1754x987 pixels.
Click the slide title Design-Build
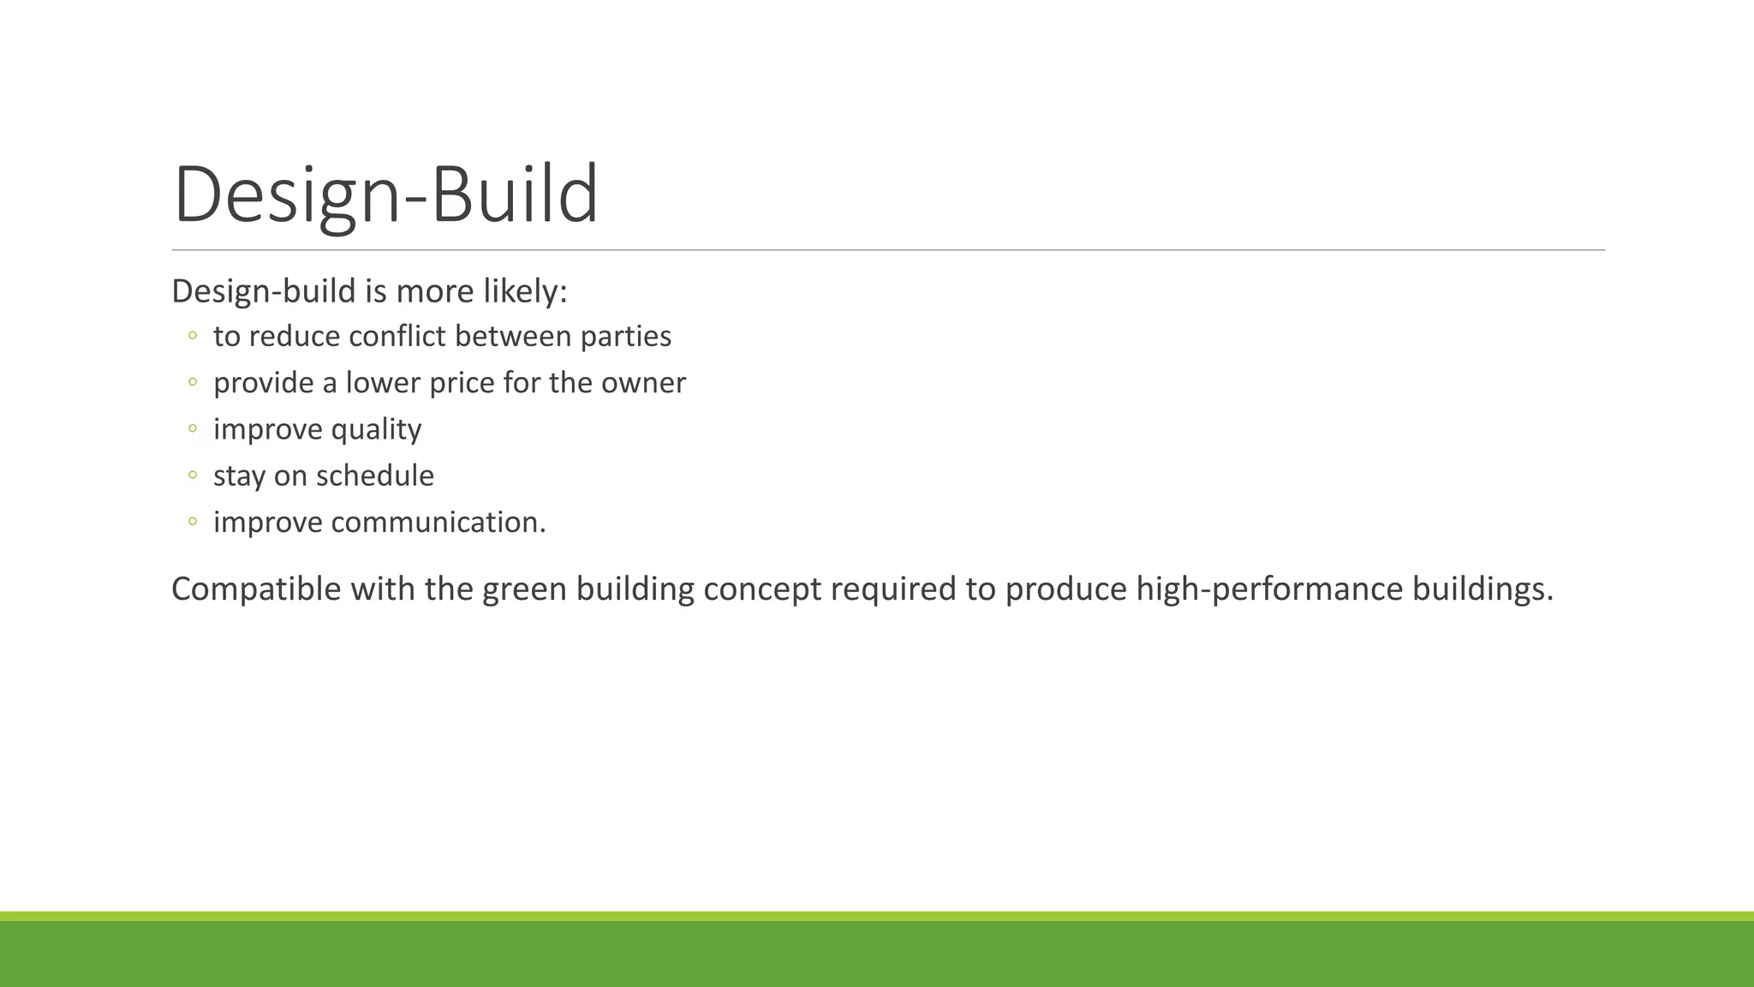click(x=385, y=195)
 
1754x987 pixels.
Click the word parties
click(x=626, y=337)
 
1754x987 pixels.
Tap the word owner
click(x=643, y=383)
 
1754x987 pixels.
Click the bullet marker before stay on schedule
click(x=193, y=475)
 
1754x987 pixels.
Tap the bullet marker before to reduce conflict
click(x=193, y=335)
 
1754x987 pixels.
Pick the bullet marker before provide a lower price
click(x=193, y=382)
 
